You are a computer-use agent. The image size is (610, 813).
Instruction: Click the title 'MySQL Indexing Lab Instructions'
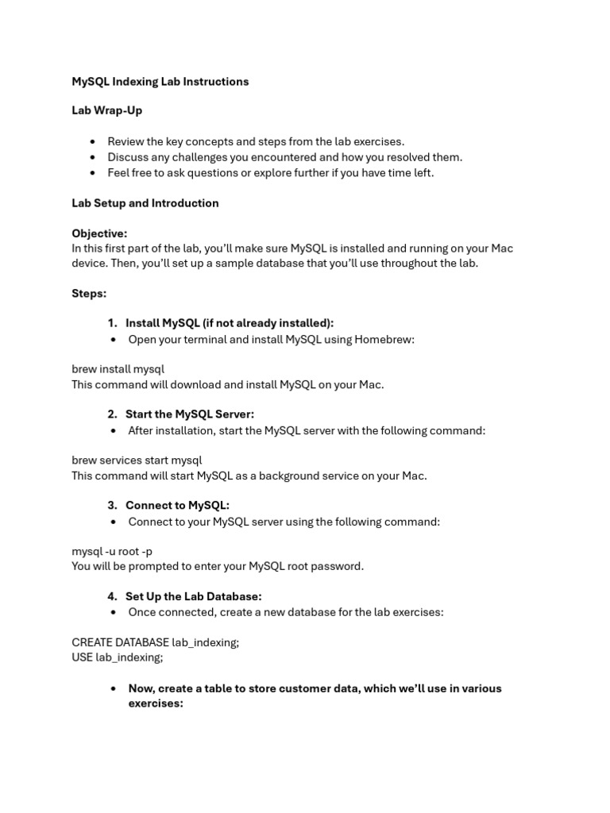tap(160, 82)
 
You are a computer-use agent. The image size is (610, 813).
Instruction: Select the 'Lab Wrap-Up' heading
tap(106, 111)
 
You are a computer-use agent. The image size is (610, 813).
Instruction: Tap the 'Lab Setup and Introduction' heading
tap(145, 203)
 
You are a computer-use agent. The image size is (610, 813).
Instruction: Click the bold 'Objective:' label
tap(99, 233)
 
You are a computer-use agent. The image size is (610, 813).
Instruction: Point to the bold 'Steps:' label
tap(89, 294)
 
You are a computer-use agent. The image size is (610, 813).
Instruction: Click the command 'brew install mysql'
tap(118, 369)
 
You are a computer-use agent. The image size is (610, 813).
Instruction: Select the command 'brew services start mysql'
tap(137, 460)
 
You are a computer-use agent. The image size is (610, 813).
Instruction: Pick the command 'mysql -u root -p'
tap(111, 551)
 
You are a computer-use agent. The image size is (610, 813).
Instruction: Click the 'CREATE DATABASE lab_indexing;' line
tap(155, 642)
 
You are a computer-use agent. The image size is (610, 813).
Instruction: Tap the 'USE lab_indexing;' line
tap(117, 657)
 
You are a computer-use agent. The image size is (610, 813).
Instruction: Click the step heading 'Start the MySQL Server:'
tap(189, 414)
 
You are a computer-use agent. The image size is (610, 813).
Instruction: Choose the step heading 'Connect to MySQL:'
tap(177, 505)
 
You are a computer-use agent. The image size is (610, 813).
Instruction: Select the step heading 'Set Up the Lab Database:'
tap(193, 596)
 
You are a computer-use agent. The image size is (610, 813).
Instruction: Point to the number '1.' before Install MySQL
tap(112, 323)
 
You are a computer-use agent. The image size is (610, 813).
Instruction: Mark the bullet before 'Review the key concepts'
tap(94, 142)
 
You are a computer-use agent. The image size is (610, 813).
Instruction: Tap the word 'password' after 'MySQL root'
tap(338, 566)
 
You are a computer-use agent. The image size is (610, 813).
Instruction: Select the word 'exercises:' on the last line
tap(156, 703)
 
